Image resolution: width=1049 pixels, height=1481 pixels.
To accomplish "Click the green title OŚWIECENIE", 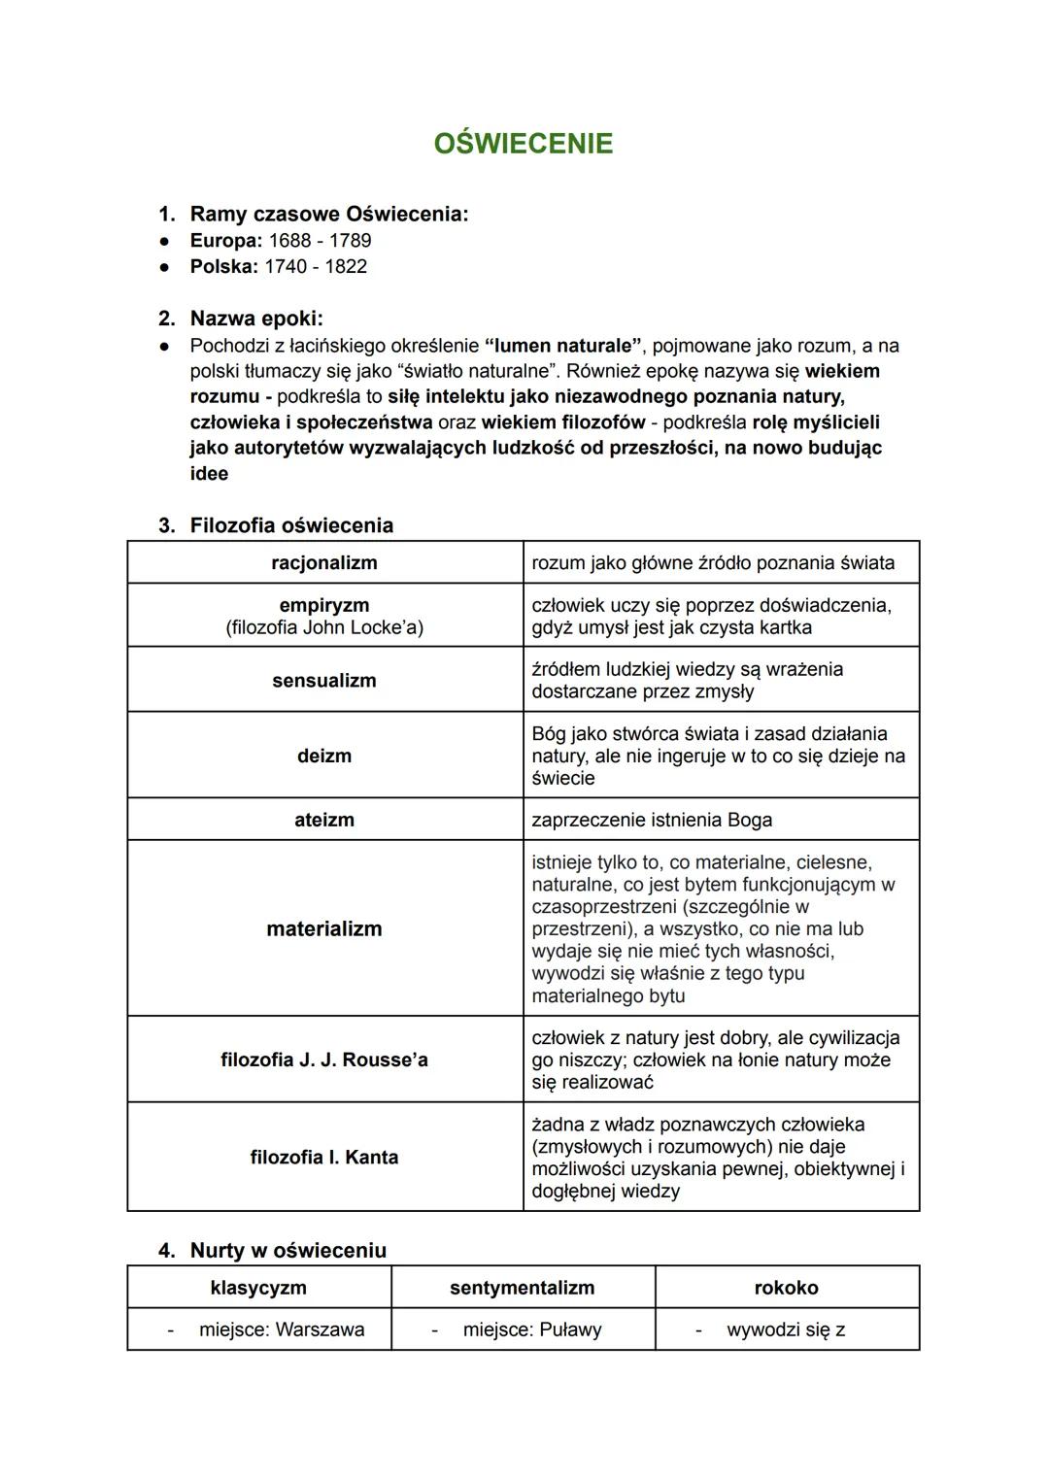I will [524, 144].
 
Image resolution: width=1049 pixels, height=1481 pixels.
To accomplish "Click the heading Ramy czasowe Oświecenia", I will [328, 214].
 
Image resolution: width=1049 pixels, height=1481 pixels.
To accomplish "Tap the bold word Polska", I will [223, 266].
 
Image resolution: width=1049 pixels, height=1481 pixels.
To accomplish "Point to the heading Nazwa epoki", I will [256, 319].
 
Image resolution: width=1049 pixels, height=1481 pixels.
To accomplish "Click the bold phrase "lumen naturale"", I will [563, 345].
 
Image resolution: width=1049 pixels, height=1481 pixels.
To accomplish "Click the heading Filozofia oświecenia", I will [291, 525].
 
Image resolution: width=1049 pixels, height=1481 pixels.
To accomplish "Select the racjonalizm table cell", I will [324, 562].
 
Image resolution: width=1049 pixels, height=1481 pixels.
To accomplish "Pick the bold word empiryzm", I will [324, 605].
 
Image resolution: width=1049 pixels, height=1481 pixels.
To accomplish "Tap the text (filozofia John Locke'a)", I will [324, 627].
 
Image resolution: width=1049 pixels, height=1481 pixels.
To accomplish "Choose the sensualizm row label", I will [324, 680].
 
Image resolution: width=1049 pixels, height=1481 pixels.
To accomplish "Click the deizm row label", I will [324, 756].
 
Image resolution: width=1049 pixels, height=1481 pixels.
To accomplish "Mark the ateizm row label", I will [324, 820].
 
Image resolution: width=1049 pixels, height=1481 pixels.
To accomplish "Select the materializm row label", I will [324, 928].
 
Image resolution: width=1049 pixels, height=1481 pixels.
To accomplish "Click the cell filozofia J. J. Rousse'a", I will [324, 1060].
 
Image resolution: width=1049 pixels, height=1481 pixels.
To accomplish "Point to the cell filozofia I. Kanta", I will [324, 1157].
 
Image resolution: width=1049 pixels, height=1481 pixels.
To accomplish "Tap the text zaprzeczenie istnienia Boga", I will [652, 820].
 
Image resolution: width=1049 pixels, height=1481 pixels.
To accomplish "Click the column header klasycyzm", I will [258, 1288].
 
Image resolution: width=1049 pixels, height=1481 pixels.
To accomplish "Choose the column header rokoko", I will [787, 1288].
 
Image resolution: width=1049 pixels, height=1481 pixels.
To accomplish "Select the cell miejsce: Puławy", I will [531, 1330].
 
